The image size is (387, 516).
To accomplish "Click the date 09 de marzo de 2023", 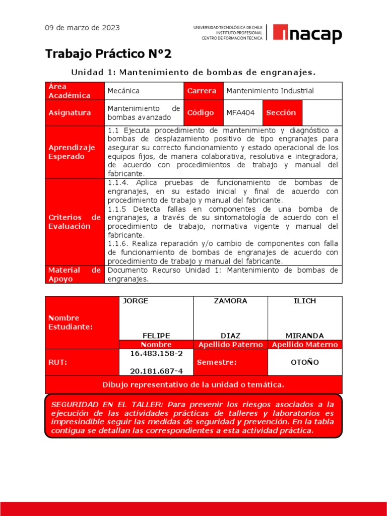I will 83,28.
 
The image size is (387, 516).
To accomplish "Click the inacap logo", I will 307,34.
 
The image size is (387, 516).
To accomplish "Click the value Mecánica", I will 123,91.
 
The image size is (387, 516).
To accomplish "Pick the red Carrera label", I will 202,91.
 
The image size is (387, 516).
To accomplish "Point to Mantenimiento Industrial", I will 270,91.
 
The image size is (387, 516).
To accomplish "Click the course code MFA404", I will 241,113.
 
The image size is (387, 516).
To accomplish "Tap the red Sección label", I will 281,113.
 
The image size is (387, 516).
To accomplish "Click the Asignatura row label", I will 70,113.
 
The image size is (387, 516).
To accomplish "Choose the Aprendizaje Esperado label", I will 72,152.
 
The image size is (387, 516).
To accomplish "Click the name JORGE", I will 136,301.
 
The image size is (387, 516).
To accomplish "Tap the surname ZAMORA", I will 230,301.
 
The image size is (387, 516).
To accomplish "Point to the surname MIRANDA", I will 304,336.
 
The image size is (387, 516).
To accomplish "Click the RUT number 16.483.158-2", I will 156,354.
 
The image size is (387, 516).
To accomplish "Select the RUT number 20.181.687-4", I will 156,371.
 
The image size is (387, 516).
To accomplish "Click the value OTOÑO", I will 304,362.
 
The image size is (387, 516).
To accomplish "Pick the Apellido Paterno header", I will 230,345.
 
